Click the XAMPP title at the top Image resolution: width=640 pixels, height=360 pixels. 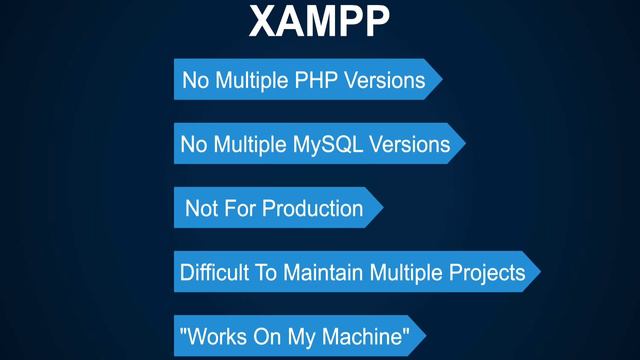[x=319, y=22]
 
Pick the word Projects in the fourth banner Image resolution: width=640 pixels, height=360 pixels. [x=487, y=272]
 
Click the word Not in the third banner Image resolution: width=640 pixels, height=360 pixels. [x=200, y=208]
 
